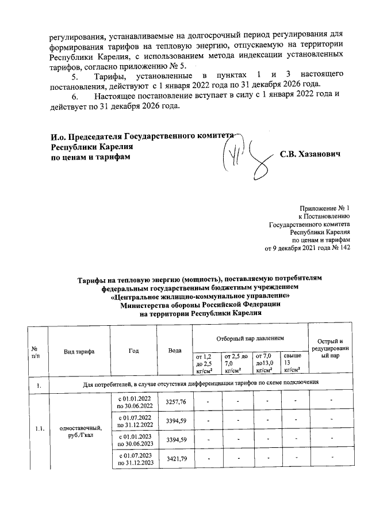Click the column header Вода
(x=175, y=351)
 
